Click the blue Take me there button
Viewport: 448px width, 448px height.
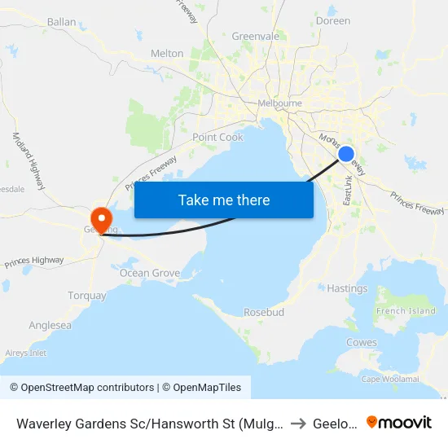click(224, 200)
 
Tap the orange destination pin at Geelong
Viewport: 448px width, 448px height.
click(101, 218)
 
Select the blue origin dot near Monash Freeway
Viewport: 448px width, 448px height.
click(346, 153)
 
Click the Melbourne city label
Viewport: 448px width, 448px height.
click(279, 103)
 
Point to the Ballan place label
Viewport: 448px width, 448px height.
click(62, 22)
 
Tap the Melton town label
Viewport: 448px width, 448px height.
click(167, 54)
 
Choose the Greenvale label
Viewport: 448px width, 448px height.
click(255, 37)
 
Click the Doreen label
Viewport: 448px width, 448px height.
click(332, 21)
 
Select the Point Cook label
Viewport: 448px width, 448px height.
click(217, 138)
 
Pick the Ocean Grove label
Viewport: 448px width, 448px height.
click(150, 273)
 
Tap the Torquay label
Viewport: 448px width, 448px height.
click(86, 295)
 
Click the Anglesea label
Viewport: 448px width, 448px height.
click(51, 325)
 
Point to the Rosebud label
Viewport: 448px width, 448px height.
click(263, 312)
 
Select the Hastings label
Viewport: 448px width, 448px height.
click(347, 288)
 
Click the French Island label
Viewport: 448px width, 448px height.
click(406, 311)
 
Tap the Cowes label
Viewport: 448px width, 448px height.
click(361, 343)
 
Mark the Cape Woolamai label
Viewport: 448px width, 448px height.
click(390, 379)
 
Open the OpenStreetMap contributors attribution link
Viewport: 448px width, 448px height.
click(81, 388)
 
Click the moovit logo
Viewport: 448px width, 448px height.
click(399, 422)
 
